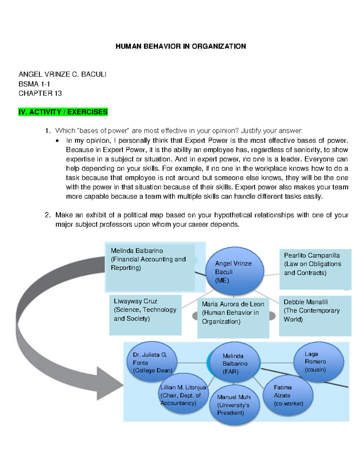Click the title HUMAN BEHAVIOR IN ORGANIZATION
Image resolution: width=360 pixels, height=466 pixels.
[x=181, y=46]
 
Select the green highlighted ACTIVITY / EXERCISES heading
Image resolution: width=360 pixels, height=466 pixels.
[x=63, y=112]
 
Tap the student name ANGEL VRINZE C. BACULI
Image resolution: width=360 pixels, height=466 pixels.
[x=62, y=74]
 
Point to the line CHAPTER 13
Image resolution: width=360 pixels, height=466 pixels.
[x=40, y=93]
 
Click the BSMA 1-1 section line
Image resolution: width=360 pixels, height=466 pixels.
[x=34, y=84]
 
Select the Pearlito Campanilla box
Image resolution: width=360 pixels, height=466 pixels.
[x=315, y=269]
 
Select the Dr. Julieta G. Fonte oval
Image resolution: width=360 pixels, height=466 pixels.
[x=152, y=362]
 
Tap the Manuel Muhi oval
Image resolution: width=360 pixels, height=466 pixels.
[x=234, y=405]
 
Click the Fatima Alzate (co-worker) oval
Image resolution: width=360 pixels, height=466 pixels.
[x=288, y=395]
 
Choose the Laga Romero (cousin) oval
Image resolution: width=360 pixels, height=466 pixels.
[x=319, y=361]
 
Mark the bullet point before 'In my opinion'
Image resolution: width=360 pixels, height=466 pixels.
[x=57, y=140]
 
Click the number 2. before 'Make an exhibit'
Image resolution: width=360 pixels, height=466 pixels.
[x=48, y=215]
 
